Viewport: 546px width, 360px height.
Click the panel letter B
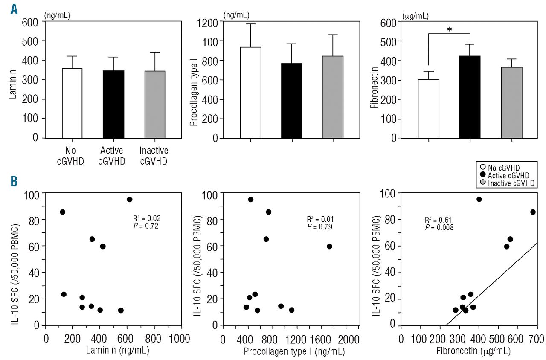point(14,181)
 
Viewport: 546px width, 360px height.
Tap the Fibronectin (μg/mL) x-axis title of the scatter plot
point(468,351)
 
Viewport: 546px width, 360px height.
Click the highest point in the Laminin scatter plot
point(130,199)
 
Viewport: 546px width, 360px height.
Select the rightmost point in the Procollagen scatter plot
point(329,247)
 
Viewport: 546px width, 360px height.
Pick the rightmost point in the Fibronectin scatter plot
point(533,212)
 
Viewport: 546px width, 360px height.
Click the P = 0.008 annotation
point(440,228)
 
